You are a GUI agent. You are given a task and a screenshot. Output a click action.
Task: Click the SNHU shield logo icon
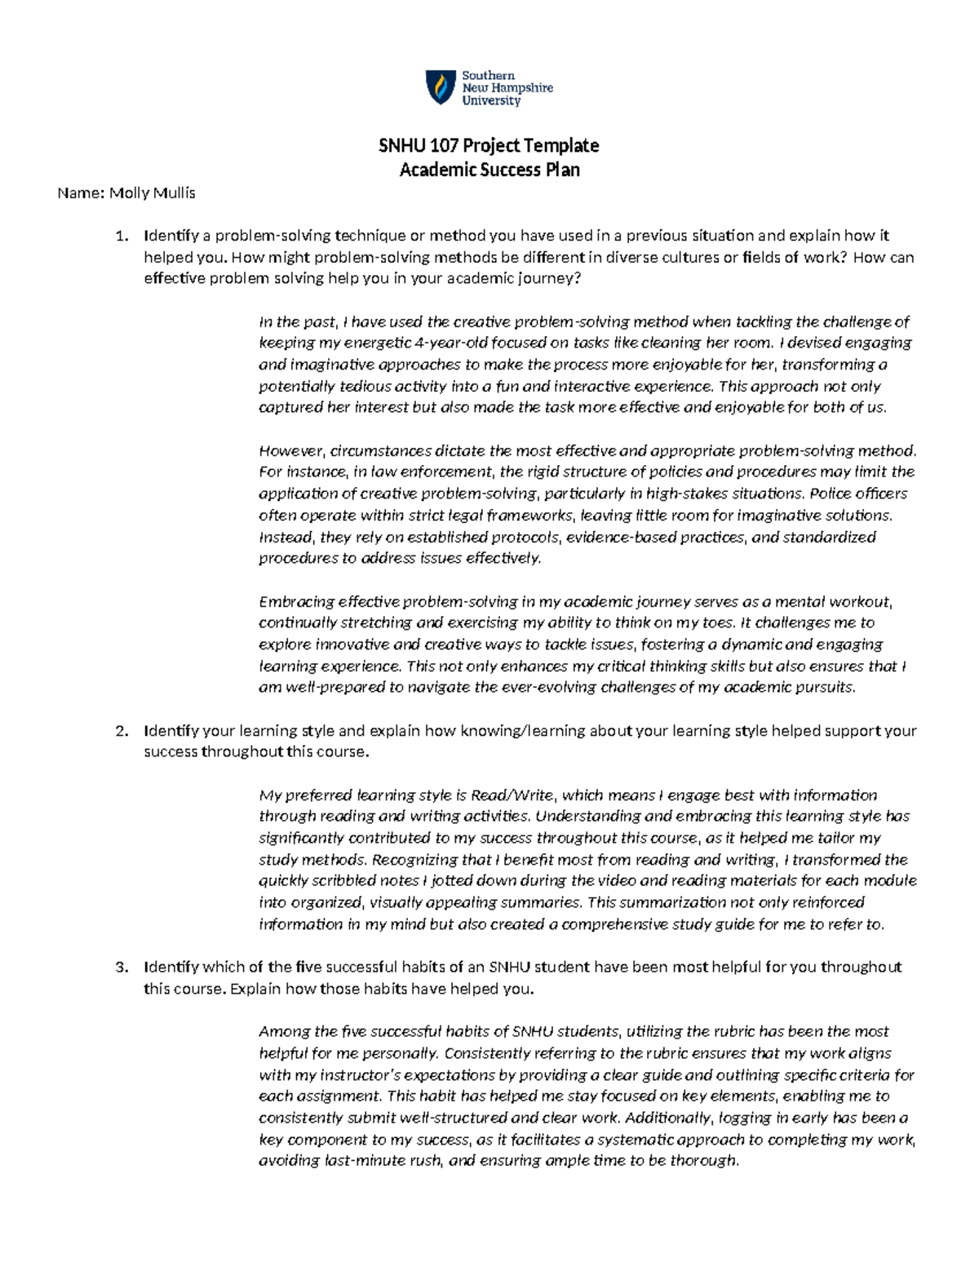point(441,87)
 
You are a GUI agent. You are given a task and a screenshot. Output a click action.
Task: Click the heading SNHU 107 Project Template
point(489,146)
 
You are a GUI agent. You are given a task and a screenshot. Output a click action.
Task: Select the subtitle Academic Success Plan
point(489,170)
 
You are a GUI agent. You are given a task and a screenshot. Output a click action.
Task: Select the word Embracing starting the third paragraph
point(296,602)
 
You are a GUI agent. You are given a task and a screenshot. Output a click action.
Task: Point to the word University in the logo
point(491,101)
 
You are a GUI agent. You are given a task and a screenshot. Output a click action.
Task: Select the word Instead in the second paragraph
point(286,538)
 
